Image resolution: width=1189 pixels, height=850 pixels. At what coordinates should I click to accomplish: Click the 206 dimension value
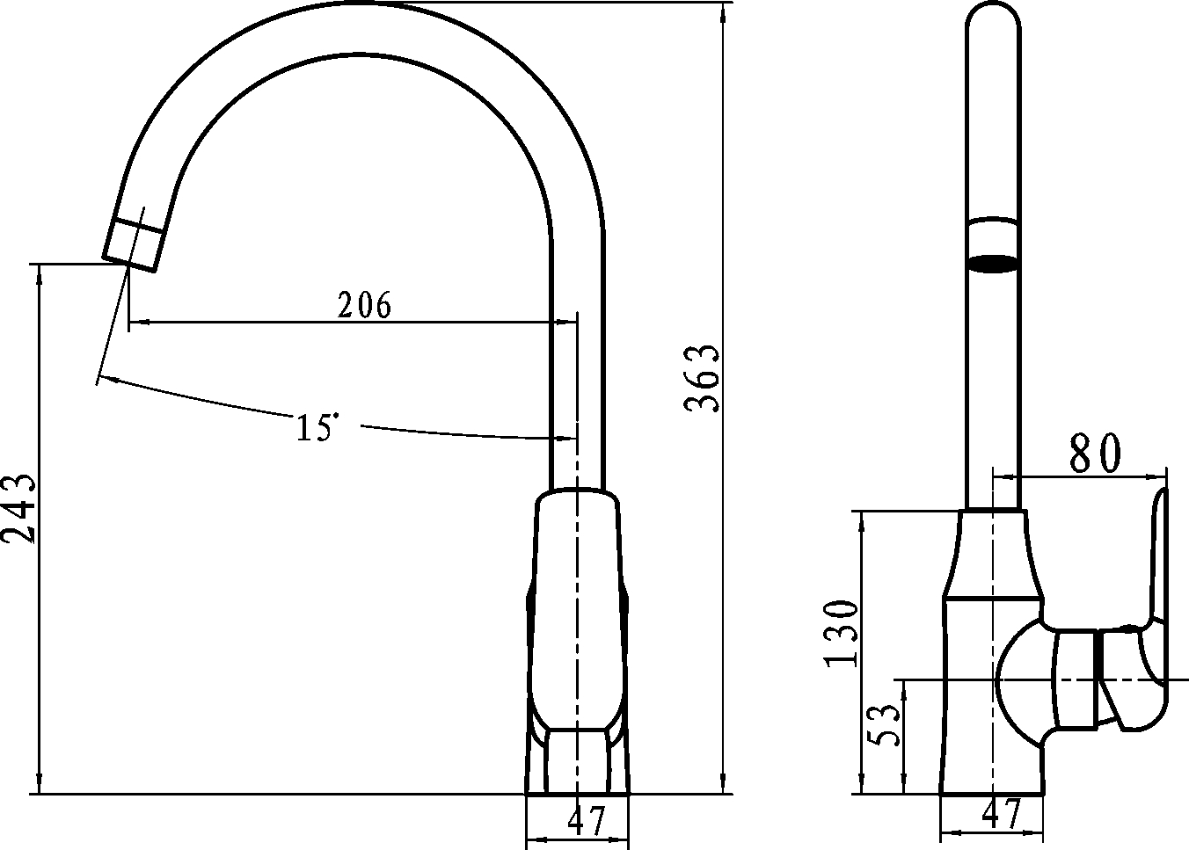coord(364,304)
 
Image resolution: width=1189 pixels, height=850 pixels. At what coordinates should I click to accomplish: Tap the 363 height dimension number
coord(701,377)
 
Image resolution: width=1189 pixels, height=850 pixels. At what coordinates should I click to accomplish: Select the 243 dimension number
coord(18,508)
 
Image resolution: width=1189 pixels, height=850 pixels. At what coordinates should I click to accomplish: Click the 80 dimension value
coord(1095,453)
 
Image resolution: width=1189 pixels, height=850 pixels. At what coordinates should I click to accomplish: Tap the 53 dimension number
coord(883,725)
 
